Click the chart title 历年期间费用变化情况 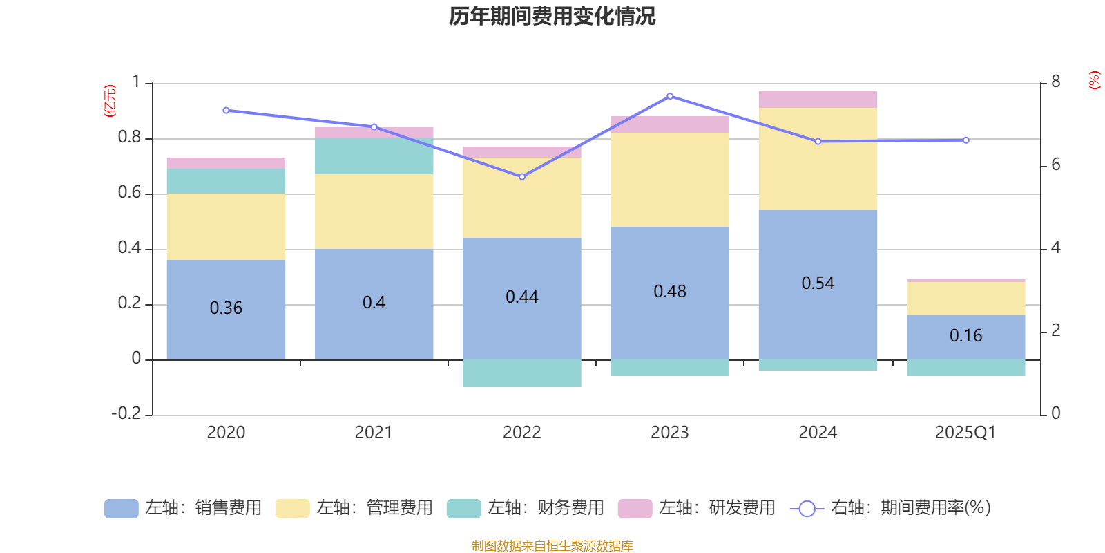[552, 16]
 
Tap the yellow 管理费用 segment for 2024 [818, 158]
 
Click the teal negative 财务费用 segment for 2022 [521, 373]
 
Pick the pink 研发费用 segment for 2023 [670, 124]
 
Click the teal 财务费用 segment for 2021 [374, 156]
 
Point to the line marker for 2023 [670, 96]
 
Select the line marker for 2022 [522, 177]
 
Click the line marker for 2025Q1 [965, 140]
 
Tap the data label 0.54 [818, 283]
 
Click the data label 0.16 [965, 336]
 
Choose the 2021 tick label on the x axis [374, 433]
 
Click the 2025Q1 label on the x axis [965, 433]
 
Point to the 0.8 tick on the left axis [129, 138]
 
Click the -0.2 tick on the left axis [126, 413]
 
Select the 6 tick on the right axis [1056, 165]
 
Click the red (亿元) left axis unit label [110, 101]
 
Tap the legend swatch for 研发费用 [635, 509]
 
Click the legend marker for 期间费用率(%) [807, 509]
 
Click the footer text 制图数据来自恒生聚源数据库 [552, 546]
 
